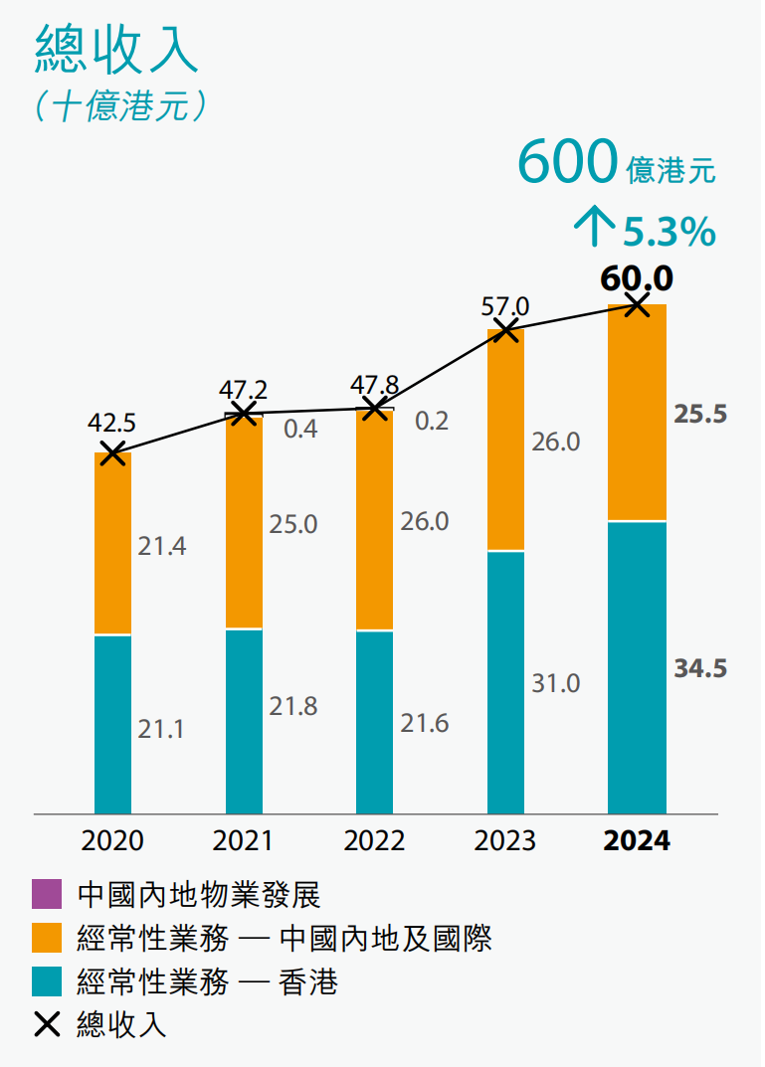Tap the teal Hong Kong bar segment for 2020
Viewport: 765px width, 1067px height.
(112, 724)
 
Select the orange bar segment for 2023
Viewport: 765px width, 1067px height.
(505, 440)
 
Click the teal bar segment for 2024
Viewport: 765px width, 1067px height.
(637, 666)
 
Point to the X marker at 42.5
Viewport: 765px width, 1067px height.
(112, 453)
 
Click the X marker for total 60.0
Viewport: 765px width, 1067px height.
(637, 304)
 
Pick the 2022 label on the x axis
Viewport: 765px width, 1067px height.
(374, 841)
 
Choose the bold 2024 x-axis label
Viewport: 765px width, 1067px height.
(637, 841)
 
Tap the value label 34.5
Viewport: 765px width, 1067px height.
(700, 668)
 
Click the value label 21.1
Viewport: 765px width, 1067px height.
(161, 729)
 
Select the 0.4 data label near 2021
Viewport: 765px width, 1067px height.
(300, 429)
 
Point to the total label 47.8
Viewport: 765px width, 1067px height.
(375, 385)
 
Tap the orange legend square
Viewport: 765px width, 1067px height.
(48, 939)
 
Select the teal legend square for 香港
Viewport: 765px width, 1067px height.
(48, 981)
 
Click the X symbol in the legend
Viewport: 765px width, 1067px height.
(48, 1024)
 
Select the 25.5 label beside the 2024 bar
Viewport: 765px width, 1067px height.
(700, 415)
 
